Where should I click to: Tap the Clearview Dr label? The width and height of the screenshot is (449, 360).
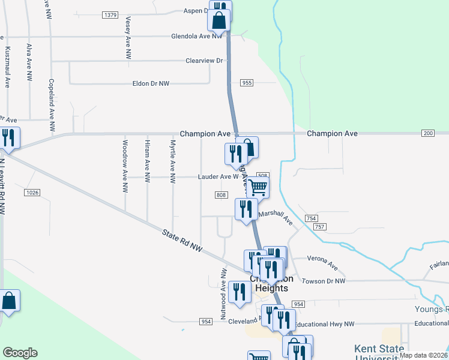pos(204,61)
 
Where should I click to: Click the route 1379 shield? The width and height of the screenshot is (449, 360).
pos(110,14)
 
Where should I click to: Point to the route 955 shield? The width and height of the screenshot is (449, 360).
pos(247,82)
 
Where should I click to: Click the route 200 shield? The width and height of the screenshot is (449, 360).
pos(428,133)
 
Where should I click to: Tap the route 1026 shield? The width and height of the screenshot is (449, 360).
pos(32,192)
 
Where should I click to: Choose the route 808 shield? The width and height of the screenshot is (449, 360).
pos(221,194)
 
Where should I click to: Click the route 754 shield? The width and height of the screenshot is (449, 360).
pos(311,218)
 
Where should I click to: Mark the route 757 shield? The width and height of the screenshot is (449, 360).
pos(319,227)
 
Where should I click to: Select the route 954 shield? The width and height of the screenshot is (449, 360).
pos(206,322)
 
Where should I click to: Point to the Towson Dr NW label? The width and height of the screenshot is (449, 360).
pos(324,281)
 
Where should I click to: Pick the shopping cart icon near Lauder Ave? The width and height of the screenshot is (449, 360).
pos(258,187)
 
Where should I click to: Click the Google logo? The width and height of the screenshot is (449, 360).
pos(20,353)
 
